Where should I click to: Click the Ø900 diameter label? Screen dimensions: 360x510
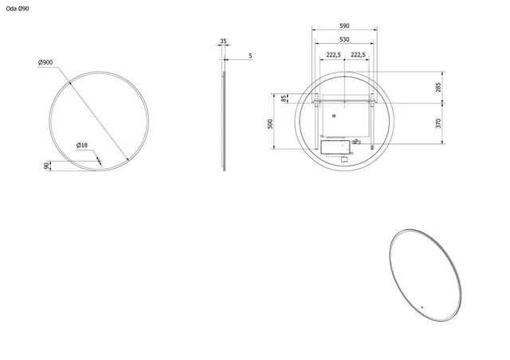coord(45,63)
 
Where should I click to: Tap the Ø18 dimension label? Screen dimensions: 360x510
coord(81,145)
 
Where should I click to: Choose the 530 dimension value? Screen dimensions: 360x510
coord(343,39)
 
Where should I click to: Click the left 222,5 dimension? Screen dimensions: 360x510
coord(333,55)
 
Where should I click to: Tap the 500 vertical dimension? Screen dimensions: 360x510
coord(271,123)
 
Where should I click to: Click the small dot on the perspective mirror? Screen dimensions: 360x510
coord(422,306)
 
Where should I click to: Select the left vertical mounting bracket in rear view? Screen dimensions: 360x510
coord(317,119)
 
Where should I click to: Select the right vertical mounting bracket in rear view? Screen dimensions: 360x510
coord(372,119)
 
